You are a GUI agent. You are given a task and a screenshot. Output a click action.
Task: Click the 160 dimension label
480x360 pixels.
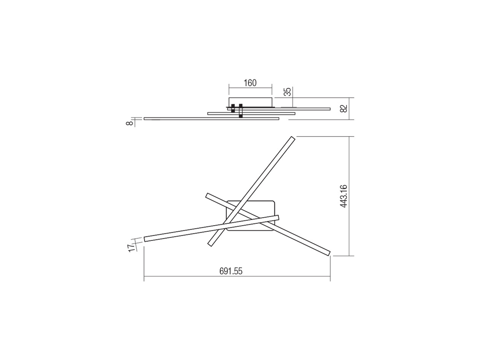pos(250,83)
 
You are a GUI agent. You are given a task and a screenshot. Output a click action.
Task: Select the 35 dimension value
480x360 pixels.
pos(288,92)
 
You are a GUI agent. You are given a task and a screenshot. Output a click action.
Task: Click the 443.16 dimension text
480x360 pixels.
pos(344,196)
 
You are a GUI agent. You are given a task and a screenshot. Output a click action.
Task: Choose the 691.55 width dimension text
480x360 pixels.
pos(231,271)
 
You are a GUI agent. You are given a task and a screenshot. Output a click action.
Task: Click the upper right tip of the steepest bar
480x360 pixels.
pos(293,137)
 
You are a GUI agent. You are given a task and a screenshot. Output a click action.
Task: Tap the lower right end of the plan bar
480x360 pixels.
pos(329,254)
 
